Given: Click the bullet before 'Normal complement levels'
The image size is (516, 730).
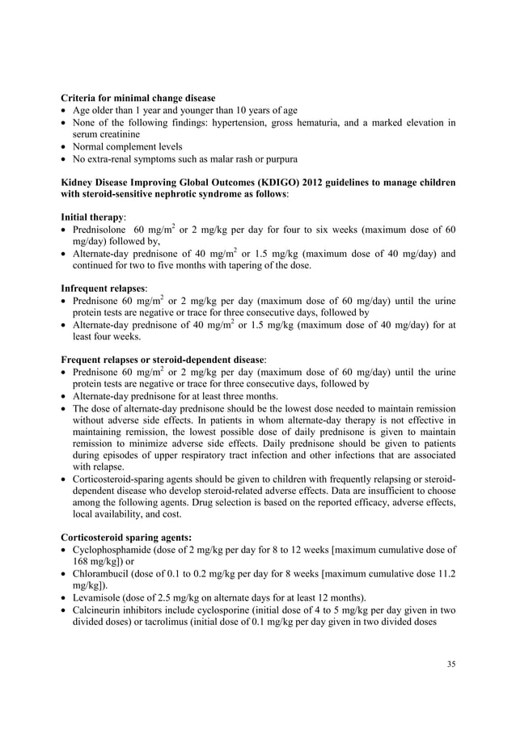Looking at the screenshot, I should point(64,146).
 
